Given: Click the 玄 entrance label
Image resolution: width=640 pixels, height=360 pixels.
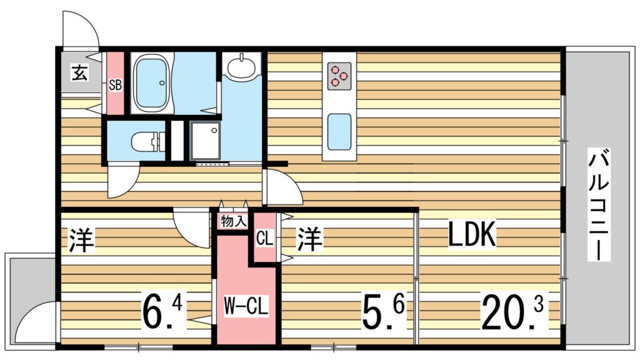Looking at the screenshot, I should point(79,73).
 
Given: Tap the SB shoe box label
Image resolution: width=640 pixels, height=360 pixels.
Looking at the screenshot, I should point(115,85).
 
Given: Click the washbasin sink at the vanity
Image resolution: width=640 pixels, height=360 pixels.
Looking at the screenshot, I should point(241,66).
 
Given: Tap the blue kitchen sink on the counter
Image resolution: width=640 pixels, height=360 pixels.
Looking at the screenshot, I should point(339,129).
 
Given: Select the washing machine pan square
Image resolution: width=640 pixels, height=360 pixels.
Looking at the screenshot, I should point(205,141).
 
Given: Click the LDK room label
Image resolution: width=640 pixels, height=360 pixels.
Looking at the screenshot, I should point(472,236).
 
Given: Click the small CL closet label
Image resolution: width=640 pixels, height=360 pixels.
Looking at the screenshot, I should point(264,237).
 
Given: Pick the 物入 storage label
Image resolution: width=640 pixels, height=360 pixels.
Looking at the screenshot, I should point(233,221).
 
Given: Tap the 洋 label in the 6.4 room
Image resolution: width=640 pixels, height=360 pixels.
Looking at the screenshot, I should point(81,241).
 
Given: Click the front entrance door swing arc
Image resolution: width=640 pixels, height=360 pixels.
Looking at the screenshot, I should point(81,27).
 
